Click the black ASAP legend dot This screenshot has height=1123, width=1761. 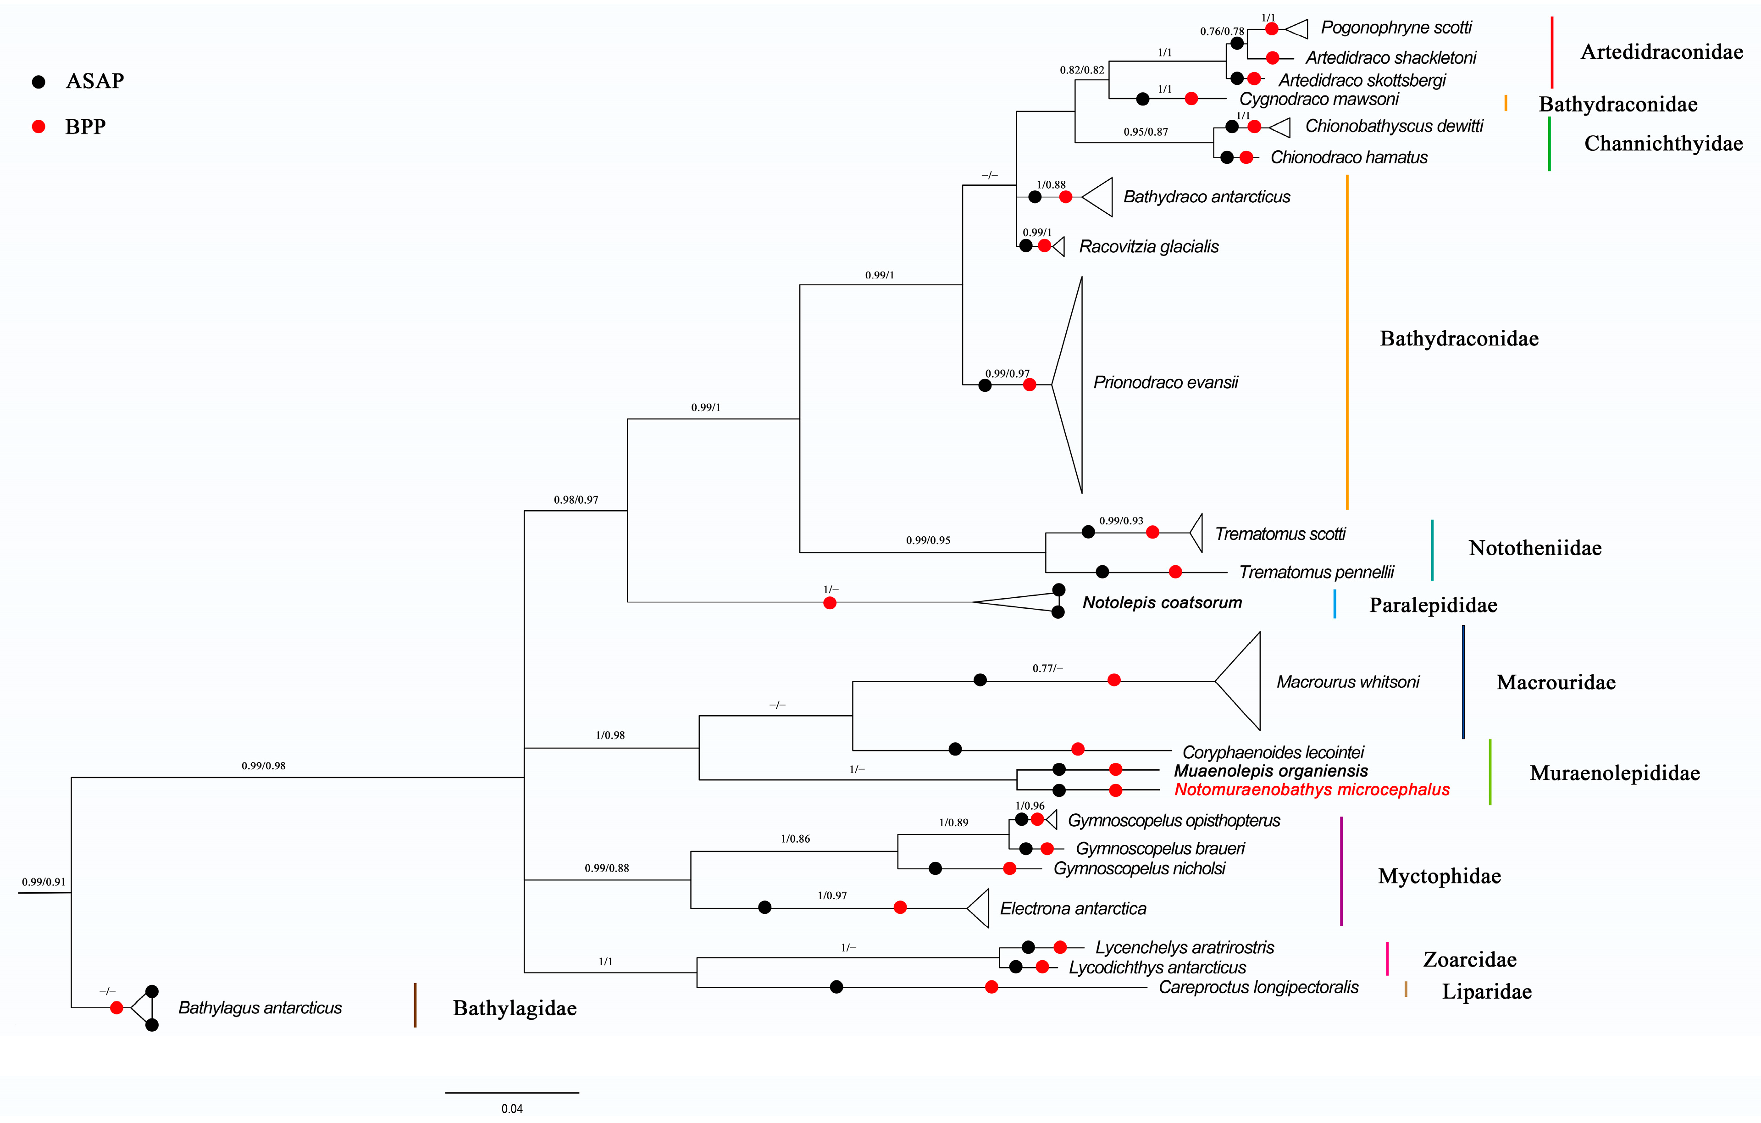pyautogui.click(x=39, y=82)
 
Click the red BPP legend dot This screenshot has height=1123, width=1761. pyautogui.click(x=39, y=127)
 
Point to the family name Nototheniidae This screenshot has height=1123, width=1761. pyautogui.click(x=1534, y=548)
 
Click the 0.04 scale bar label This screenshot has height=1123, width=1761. pyautogui.click(x=512, y=1108)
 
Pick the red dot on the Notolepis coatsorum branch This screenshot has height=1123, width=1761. pyautogui.click(x=829, y=603)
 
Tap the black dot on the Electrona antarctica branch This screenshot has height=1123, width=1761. pyautogui.click(x=764, y=908)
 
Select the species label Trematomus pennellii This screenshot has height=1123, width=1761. pyautogui.click(x=1316, y=572)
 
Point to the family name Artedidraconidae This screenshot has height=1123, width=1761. pyautogui.click(x=1661, y=52)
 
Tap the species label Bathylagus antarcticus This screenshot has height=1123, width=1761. pyautogui.click(x=260, y=1008)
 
